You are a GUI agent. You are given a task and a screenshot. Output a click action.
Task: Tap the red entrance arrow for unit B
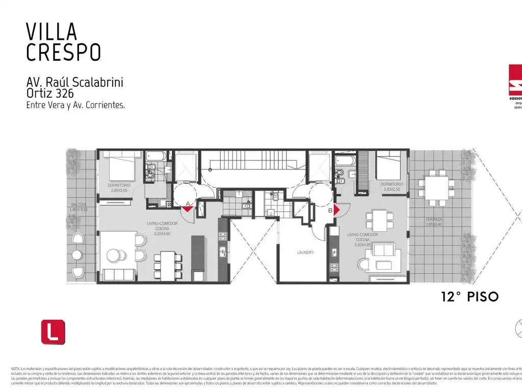(x=336, y=209)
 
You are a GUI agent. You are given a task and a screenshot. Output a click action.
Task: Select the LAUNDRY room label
(x=305, y=252)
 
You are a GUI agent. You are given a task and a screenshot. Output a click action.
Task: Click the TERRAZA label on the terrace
(x=434, y=219)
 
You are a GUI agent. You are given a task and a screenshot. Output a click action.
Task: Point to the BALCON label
(x=79, y=206)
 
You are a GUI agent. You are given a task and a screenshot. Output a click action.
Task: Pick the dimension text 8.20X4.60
(x=166, y=235)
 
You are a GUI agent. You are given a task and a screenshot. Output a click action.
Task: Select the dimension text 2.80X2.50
(x=391, y=189)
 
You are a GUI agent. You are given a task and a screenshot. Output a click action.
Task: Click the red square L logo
(x=53, y=331)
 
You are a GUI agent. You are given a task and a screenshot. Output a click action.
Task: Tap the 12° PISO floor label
(x=469, y=297)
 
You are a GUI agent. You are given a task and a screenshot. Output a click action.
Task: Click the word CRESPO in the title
(x=63, y=52)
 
